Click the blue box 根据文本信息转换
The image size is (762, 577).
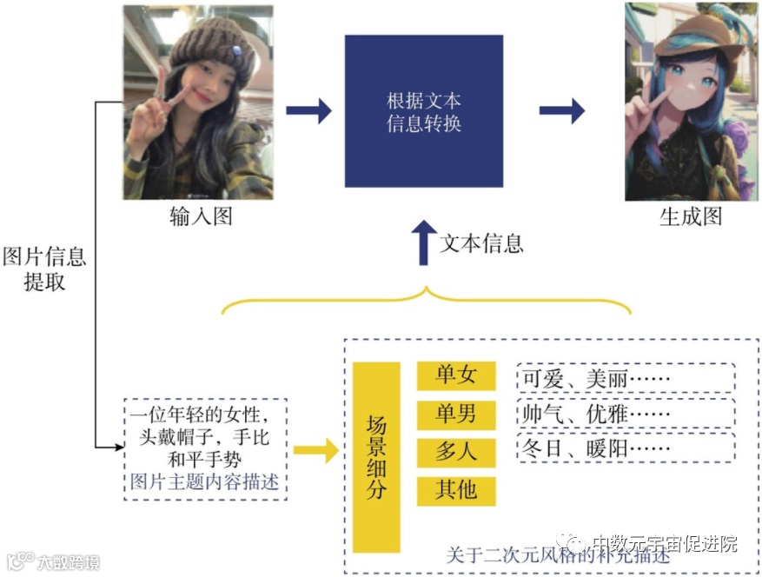coord(423,110)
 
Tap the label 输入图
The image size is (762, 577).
coord(201,216)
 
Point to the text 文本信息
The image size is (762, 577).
coord(481,242)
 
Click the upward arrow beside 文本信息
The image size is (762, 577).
coord(423,242)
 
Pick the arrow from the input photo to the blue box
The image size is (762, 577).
coord(309,110)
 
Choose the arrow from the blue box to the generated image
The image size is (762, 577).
coord(561,110)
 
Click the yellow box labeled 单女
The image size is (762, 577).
coord(456,375)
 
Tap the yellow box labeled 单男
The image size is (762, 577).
coord(456,413)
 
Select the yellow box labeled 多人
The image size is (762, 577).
coord(456,451)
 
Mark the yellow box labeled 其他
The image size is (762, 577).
coord(456,489)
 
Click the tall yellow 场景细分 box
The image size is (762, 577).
coord(376,457)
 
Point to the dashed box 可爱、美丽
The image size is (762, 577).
coord(625,378)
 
